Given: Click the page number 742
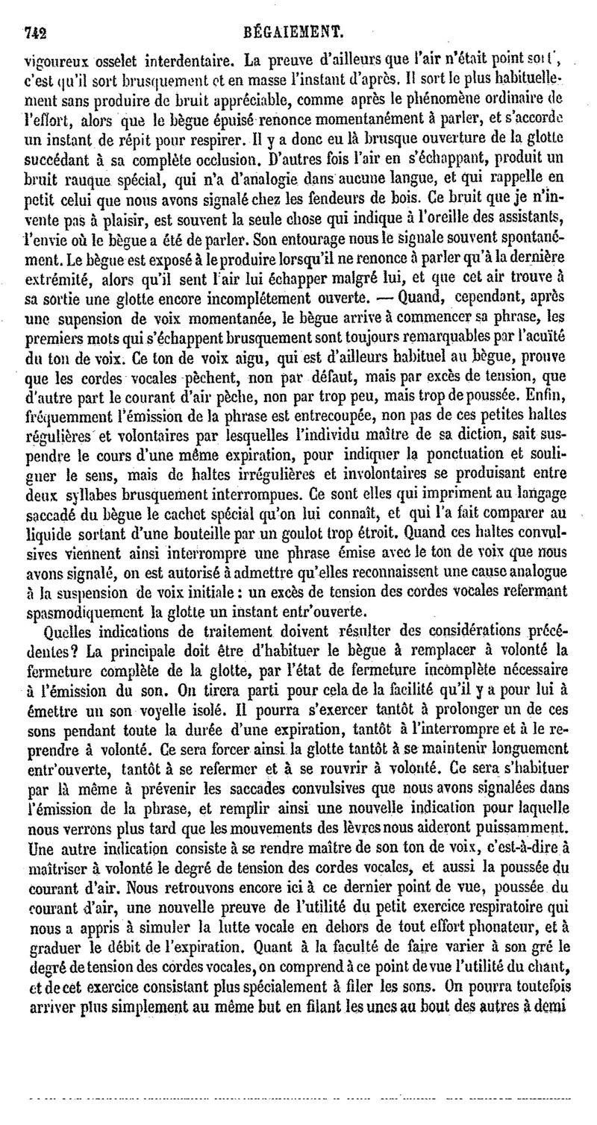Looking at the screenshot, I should [x=36, y=32].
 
